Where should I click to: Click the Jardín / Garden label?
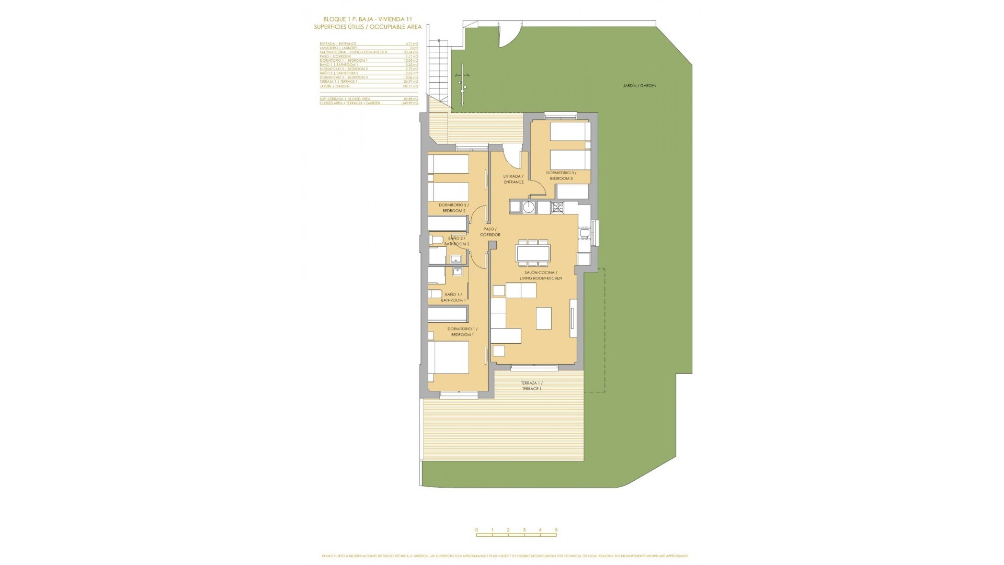click(640, 86)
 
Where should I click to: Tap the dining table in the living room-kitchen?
click(533, 253)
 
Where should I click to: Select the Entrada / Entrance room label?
click(513, 179)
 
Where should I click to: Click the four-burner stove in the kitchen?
click(557, 208)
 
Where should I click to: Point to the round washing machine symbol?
click(529, 208)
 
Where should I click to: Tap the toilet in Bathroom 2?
click(436, 240)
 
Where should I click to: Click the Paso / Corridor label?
click(490, 232)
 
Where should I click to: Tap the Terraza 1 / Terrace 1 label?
click(531, 386)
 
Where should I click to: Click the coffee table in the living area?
click(544, 318)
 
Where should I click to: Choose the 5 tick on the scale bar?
click(556, 530)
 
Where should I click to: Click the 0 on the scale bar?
click(476, 530)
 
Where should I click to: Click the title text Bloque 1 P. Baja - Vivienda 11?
click(368, 19)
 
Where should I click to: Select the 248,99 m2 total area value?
click(412, 103)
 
